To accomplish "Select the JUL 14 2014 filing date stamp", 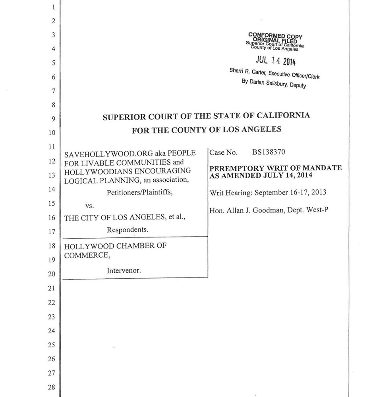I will (x=275, y=61).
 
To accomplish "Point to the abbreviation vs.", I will (x=90, y=206).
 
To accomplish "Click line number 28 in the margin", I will (x=51, y=387).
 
